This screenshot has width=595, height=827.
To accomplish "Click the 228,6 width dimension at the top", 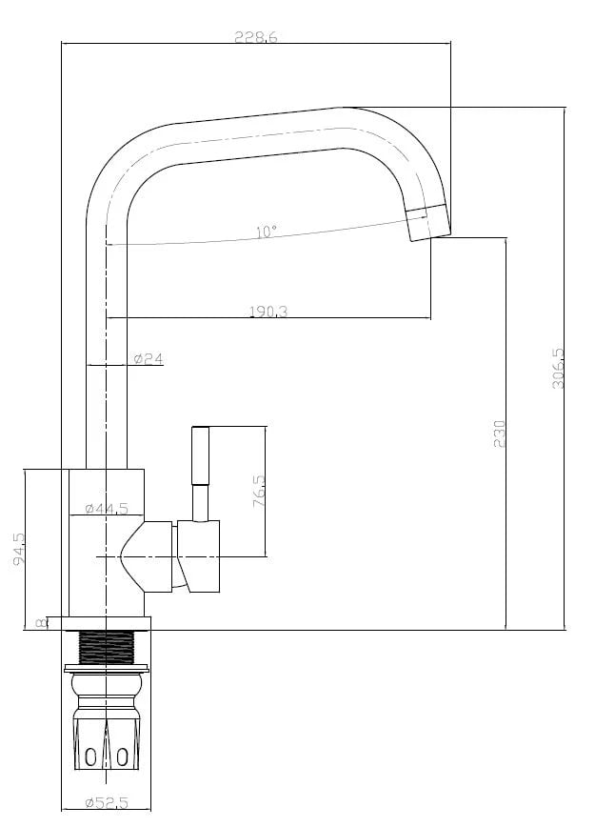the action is pyautogui.click(x=255, y=37).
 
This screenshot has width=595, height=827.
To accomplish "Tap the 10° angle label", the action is pyautogui.click(x=267, y=232).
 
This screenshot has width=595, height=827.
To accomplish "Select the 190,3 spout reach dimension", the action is pyautogui.click(x=268, y=312).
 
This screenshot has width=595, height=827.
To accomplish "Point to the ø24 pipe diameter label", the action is pyautogui.click(x=149, y=358).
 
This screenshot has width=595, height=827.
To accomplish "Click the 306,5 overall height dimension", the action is pyautogui.click(x=558, y=368).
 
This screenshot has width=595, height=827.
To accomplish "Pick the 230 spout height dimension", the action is pyautogui.click(x=499, y=434).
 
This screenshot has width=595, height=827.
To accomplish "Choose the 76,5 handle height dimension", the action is pyautogui.click(x=259, y=491).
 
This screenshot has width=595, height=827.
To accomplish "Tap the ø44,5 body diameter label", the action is pyautogui.click(x=107, y=508).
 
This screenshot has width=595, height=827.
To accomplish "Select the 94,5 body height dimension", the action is pyautogui.click(x=18, y=549).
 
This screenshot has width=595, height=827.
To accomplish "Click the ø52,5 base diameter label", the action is pyautogui.click(x=107, y=803).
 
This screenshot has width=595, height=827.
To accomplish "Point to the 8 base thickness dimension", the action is pyautogui.click(x=40, y=623).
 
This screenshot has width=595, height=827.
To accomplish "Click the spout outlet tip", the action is pyautogui.click(x=430, y=222).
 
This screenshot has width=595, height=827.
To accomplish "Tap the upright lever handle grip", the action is pyautogui.click(x=201, y=455).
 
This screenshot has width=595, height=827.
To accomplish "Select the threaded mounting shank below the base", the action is pyautogui.click(x=107, y=648).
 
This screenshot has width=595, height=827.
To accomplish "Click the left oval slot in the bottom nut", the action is pyautogui.click(x=90, y=757).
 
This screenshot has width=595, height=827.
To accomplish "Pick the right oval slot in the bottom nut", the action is pyautogui.click(x=122, y=757).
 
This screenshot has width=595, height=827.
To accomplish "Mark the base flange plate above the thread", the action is pyautogui.click(x=107, y=623).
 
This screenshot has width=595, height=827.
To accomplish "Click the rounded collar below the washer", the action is pyautogui.click(x=107, y=686).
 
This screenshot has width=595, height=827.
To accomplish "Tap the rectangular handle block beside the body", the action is pyautogui.click(x=198, y=556).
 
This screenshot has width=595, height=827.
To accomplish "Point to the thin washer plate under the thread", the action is pyautogui.click(x=107, y=669).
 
